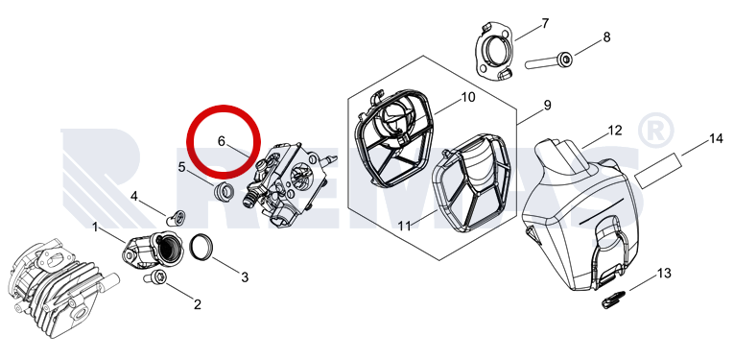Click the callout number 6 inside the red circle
(x=222, y=141)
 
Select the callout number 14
(x=716, y=139)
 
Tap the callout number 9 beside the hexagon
(x=547, y=106)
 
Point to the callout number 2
(x=198, y=304)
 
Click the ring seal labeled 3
(x=201, y=246)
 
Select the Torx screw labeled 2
(x=154, y=277)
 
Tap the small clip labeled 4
(x=176, y=218)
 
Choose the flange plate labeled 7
(x=495, y=53)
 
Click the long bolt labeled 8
(x=549, y=61)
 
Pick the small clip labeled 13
(x=613, y=299)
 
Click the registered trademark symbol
(x=656, y=131)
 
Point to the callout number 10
(x=468, y=97)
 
